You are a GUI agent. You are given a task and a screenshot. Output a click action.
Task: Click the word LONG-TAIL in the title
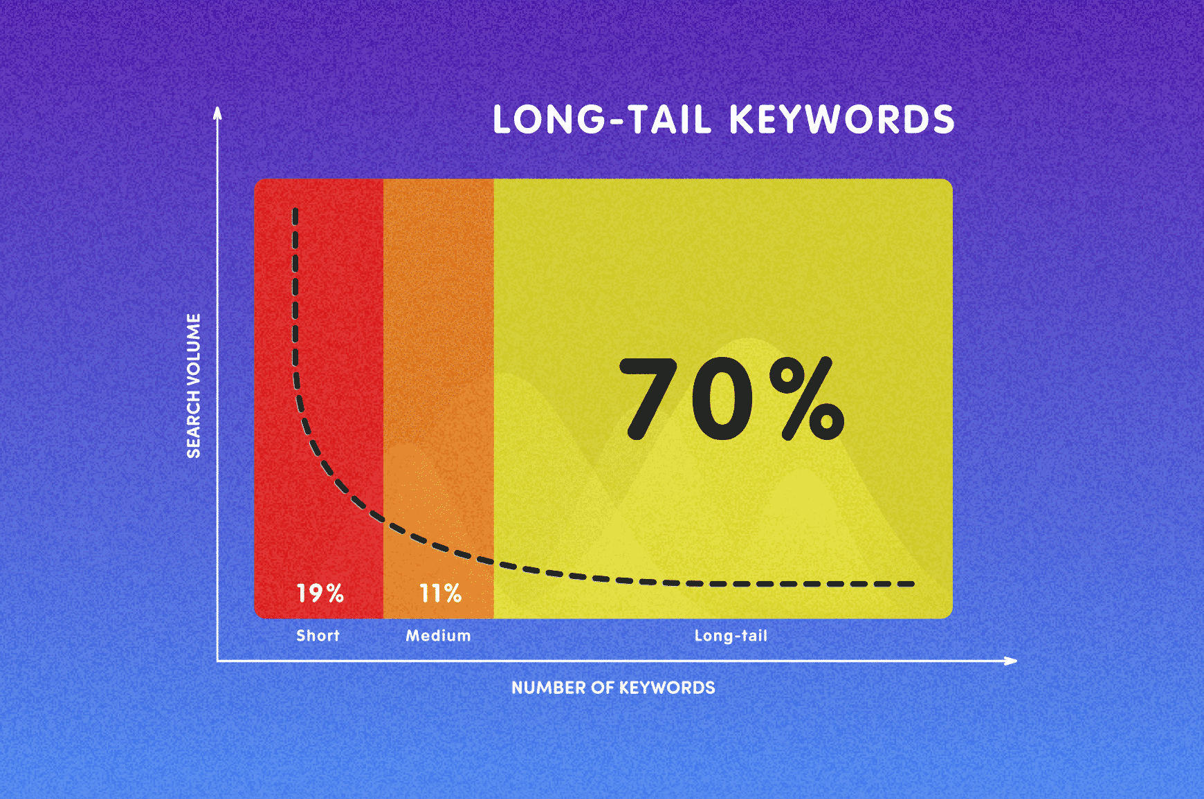[x=602, y=120]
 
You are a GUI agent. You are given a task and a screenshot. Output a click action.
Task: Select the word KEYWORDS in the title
[x=842, y=120]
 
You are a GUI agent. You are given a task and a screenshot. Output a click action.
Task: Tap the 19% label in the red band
[x=320, y=593]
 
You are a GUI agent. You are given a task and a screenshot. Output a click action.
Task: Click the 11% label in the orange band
[x=441, y=593]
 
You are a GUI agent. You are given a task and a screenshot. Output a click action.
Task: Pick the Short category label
[x=318, y=636]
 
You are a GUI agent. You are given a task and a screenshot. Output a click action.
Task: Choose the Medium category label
[x=439, y=636]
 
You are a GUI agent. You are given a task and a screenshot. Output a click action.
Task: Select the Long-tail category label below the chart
[x=731, y=636]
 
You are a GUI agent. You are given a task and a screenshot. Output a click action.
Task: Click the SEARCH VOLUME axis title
[x=194, y=386]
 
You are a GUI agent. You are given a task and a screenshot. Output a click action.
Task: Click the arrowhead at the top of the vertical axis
[x=217, y=112]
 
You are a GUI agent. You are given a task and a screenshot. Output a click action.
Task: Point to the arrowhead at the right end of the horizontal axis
[x=1010, y=661]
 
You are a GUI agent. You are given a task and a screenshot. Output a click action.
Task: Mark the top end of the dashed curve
[x=295, y=210]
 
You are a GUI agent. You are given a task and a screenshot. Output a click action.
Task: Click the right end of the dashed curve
[x=913, y=584]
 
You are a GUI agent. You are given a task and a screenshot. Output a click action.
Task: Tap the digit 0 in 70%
[x=722, y=398]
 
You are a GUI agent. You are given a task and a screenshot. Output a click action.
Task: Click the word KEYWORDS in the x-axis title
[x=667, y=688]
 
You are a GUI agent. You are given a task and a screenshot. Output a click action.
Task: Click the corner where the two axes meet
[x=217, y=661]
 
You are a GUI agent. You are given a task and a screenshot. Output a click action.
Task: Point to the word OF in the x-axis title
[x=602, y=688]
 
